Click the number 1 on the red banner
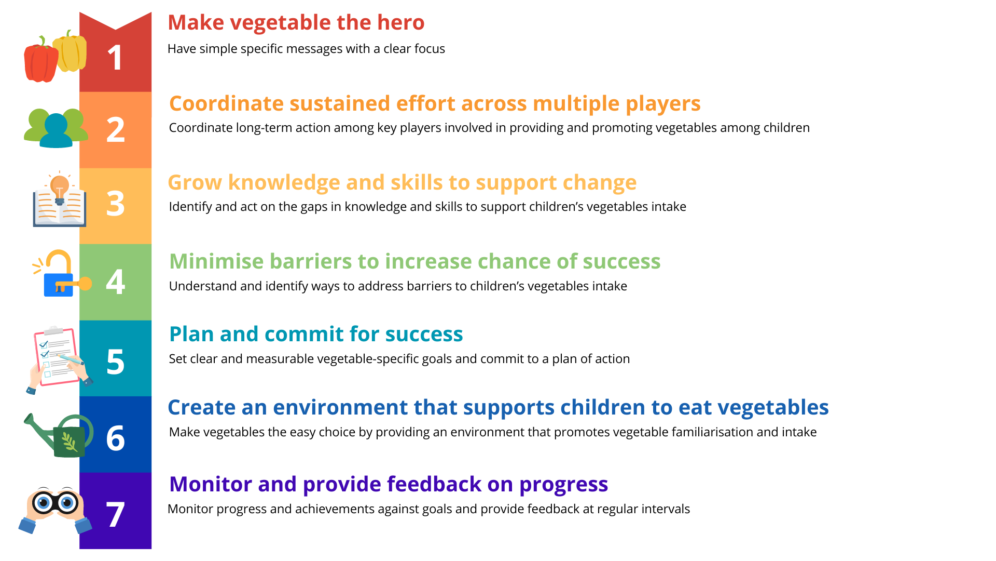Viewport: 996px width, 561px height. coord(115,58)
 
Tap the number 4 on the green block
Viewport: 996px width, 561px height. coord(115,282)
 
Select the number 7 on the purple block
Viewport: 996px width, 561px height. coord(115,514)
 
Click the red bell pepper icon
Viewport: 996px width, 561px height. coord(40,61)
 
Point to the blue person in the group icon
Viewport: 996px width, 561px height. coord(56,130)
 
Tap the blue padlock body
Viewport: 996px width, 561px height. coord(58,285)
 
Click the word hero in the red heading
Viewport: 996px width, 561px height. coord(400,22)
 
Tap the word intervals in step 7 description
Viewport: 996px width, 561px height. coord(666,509)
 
